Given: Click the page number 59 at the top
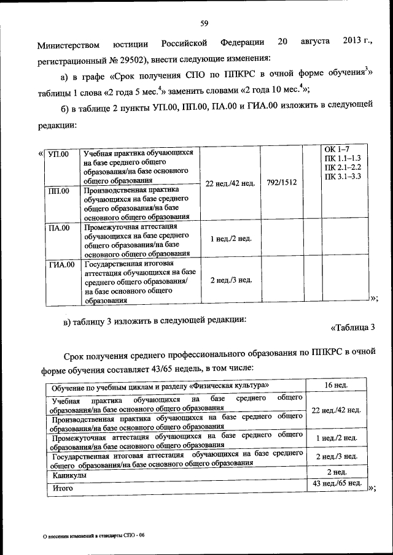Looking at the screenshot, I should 204,24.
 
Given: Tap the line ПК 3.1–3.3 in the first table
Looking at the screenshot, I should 342,177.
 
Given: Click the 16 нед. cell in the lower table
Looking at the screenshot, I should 336,385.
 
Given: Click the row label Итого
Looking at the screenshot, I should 63,488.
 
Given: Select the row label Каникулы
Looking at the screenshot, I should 69,475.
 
